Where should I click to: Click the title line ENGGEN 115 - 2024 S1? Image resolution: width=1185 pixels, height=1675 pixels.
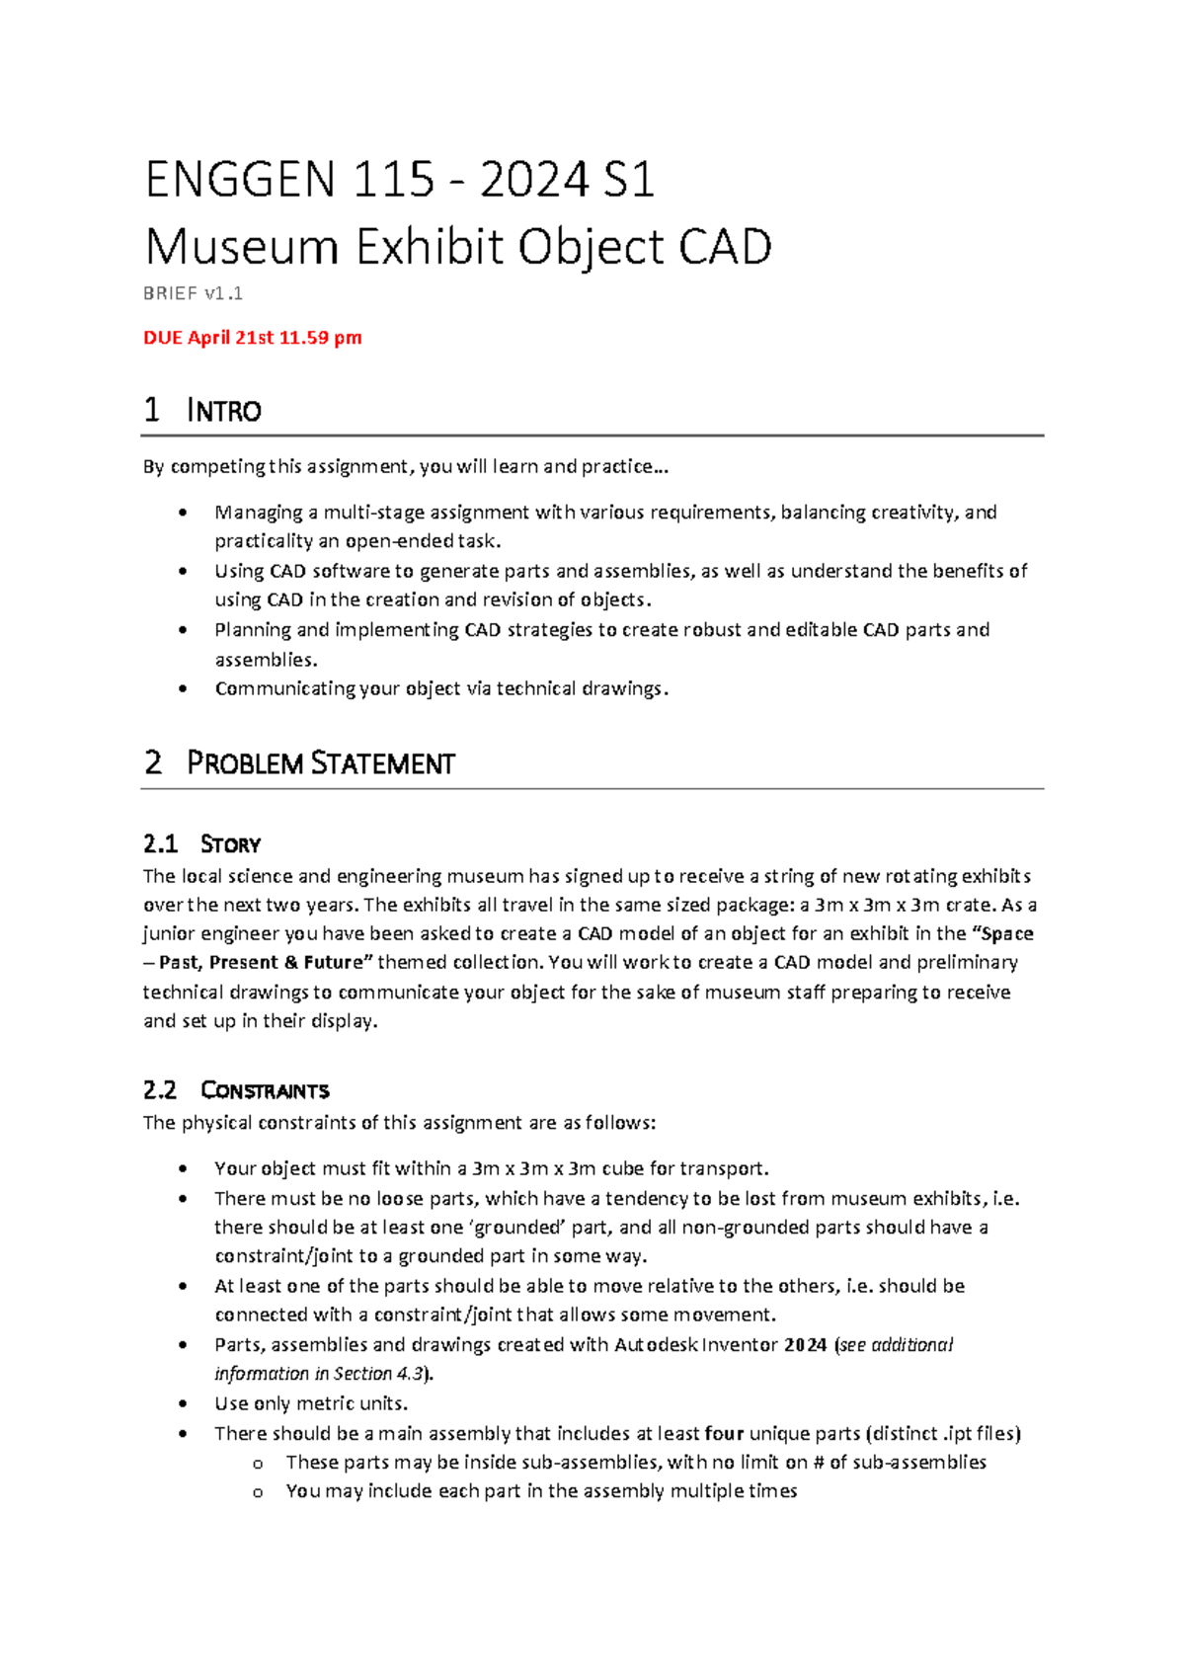(400, 181)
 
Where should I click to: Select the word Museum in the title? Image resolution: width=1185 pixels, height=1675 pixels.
(241, 247)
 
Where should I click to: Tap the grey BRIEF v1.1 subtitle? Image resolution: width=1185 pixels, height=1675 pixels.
(193, 293)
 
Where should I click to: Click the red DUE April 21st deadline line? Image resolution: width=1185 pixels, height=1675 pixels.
(253, 338)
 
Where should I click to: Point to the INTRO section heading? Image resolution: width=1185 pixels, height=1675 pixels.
(223, 410)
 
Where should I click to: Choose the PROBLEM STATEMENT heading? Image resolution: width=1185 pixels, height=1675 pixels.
(320, 763)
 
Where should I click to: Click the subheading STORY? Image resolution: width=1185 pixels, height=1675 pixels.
(230, 844)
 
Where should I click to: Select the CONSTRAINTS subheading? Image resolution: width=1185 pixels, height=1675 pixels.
(265, 1090)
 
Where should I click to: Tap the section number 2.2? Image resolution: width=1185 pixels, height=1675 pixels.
(160, 1090)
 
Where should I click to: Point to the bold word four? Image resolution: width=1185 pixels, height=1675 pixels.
(724, 1433)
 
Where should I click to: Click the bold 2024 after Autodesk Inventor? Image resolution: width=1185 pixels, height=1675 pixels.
(805, 1344)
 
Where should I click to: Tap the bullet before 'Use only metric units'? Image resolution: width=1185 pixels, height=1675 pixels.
(183, 1403)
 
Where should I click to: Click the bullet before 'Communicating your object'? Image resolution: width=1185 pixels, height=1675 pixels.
(183, 688)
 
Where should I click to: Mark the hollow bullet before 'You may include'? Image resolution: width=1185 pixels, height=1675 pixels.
(258, 1492)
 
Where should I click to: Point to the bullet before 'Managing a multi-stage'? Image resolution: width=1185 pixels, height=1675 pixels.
(183, 513)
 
